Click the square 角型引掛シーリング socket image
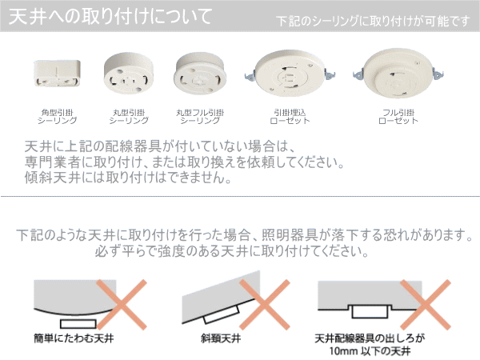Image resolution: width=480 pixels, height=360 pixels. click(58, 74)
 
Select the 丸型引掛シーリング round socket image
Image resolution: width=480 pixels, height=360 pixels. click(129, 74)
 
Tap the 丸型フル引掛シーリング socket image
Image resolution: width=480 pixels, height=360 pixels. click(200, 74)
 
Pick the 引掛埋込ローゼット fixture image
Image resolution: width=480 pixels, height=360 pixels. click(290, 73)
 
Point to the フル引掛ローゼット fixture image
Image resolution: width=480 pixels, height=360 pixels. click(398, 73)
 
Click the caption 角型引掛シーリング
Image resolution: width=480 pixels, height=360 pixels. click(58, 117)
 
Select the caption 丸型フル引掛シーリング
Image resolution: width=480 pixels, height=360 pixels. click(200, 117)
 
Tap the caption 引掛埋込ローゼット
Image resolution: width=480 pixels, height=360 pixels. click(290, 117)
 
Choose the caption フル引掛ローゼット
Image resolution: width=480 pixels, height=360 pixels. click(398, 117)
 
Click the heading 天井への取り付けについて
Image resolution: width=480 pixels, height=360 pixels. click(110, 17)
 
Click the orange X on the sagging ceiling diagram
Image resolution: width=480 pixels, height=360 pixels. click(122, 305)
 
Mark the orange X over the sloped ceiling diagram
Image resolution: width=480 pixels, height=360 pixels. click(265, 305)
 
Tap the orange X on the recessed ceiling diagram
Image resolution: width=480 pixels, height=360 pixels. click(426, 305)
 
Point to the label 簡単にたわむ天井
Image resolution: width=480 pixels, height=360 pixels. click(74, 338)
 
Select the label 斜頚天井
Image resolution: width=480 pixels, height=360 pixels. click(221, 338)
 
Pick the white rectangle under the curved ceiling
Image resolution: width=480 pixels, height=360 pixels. click(78, 324)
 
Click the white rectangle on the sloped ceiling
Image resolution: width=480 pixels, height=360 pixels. click(222, 314)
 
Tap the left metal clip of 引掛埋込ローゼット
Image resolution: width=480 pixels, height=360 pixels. click(250, 75)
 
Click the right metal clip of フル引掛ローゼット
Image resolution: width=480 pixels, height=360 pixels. click(438, 74)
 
